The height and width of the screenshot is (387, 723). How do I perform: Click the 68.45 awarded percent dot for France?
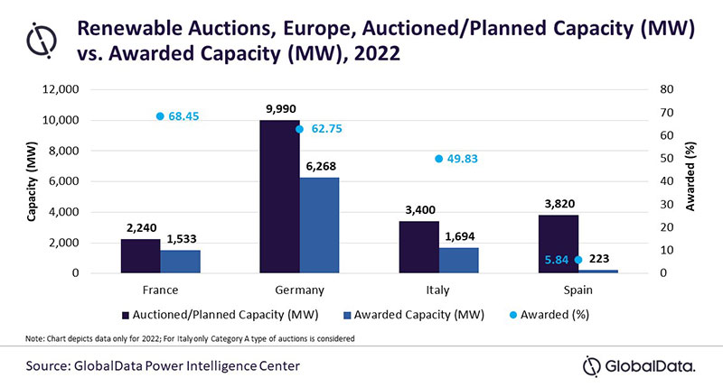click(x=160, y=116)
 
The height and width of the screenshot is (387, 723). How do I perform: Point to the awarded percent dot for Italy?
click(x=438, y=159)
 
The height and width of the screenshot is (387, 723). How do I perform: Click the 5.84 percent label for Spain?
click(x=559, y=260)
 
